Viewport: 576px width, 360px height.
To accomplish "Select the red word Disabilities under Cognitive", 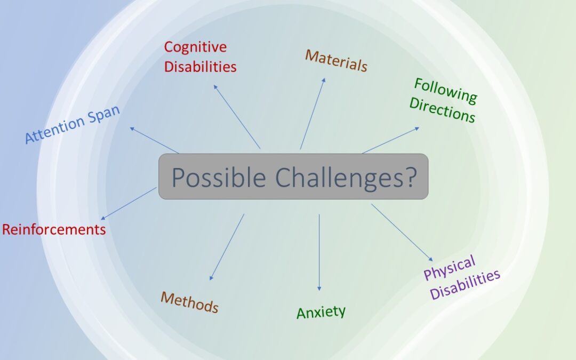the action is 200,67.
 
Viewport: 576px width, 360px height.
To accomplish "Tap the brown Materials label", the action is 336,61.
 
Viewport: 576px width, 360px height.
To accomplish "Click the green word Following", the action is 445,90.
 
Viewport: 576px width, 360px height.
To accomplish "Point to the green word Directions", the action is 442,109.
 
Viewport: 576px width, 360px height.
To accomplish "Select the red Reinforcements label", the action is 54,229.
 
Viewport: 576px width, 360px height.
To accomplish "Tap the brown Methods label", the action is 189,302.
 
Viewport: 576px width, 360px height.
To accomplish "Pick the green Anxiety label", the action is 321,312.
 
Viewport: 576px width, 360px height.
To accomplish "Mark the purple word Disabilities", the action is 465,285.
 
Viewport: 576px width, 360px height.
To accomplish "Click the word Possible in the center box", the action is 219,177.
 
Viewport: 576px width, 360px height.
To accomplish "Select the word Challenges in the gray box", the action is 339,178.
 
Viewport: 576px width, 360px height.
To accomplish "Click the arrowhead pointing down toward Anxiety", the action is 319,289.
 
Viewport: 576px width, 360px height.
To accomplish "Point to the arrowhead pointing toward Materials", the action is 324,80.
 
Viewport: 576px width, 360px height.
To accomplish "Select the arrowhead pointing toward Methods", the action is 211,278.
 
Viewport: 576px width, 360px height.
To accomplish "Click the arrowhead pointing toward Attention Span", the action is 132,129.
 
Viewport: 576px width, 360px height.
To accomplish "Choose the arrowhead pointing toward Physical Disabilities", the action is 431,259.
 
